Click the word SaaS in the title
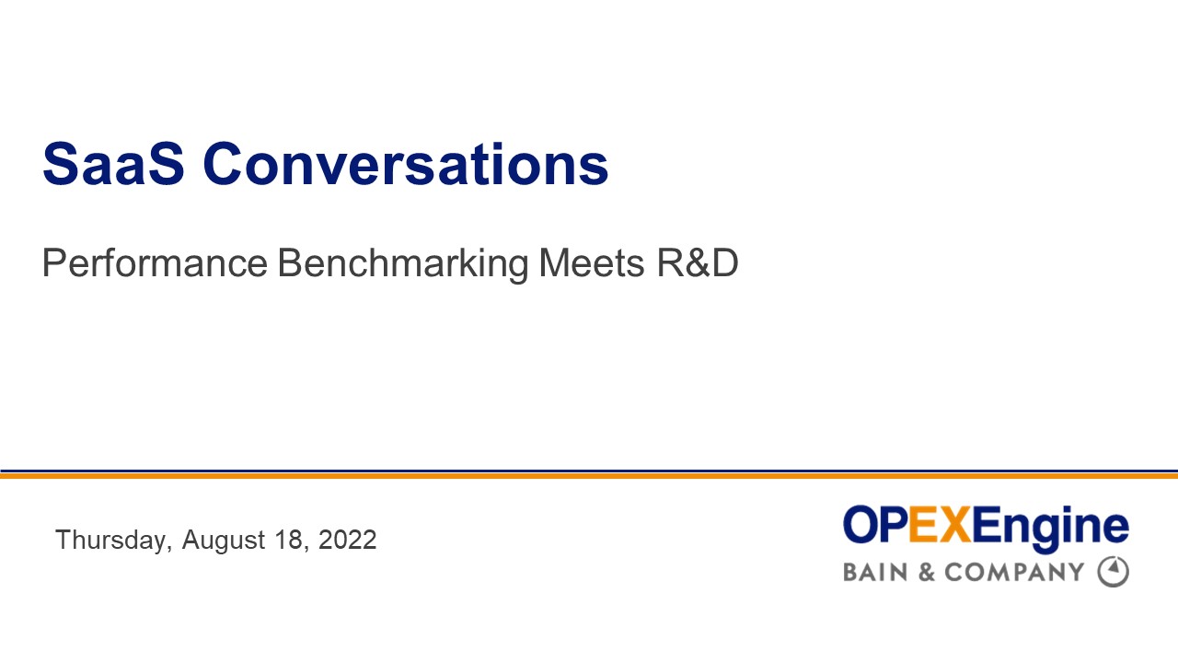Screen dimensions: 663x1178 (113, 164)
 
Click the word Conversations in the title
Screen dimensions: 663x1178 (406, 164)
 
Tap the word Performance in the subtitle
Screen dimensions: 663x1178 (154, 264)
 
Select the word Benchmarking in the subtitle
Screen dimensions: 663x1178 (403, 264)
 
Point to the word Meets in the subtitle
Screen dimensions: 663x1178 (592, 264)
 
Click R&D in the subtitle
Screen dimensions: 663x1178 (698, 264)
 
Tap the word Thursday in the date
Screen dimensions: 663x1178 (110, 540)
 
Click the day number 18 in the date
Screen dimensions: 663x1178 (288, 540)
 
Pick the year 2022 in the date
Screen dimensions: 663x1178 (347, 540)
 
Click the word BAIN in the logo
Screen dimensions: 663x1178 (875, 572)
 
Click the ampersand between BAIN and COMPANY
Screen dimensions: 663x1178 (927, 572)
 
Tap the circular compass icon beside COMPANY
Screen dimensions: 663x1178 (1113, 572)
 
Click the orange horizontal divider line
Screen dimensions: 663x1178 (589, 476)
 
